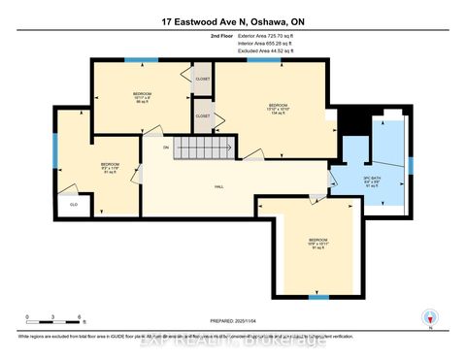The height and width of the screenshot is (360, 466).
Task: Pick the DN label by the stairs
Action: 166,147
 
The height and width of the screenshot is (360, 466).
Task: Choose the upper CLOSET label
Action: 203,80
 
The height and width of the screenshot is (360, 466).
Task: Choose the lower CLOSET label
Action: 203,115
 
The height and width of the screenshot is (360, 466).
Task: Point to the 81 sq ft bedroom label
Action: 109,167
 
